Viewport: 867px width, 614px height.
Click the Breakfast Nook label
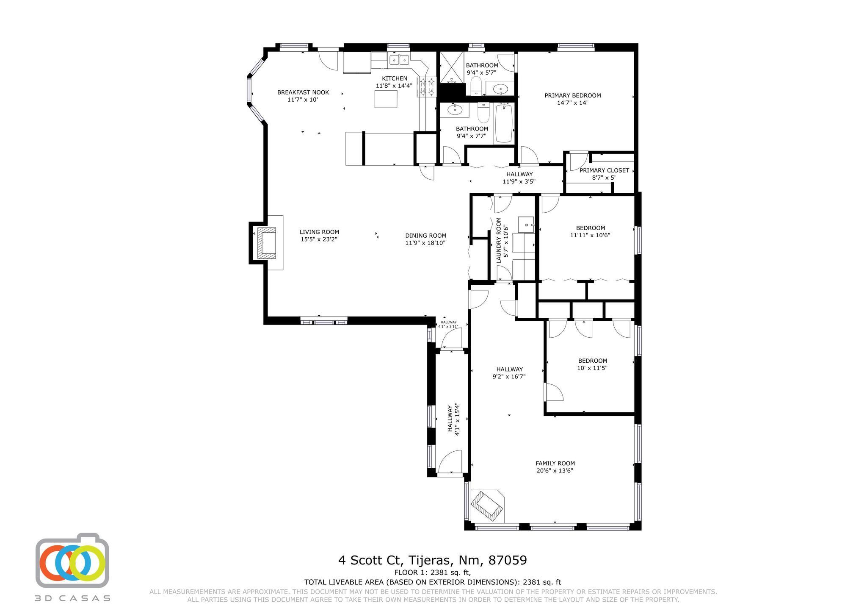[x=303, y=92]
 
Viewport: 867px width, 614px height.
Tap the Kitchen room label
[x=395, y=78]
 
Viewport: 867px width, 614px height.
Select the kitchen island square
[x=386, y=99]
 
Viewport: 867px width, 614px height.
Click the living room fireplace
[x=266, y=243]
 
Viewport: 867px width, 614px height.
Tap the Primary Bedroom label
[x=573, y=95]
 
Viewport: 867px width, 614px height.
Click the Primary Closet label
[x=604, y=170]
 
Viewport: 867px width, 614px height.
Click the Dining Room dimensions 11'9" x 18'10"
[x=425, y=243]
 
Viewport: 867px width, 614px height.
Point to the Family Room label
[x=555, y=463]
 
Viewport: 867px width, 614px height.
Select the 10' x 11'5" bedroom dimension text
[x=592, y=368]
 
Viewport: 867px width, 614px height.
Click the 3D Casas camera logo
[x=72, y=560]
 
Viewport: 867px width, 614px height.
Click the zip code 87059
[x=508, y=560]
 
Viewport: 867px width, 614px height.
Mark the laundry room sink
[x=526, y=224]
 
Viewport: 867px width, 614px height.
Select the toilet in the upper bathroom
[x=476, y=86]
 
